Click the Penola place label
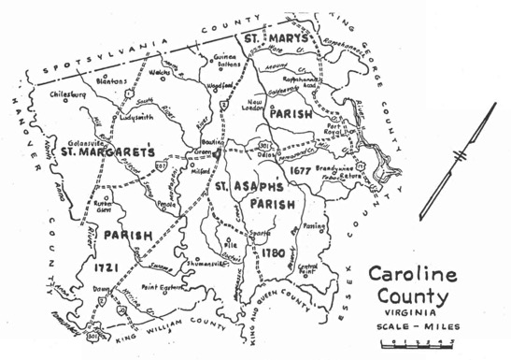(x=167, y=203)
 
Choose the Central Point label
(x=307, y=269)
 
